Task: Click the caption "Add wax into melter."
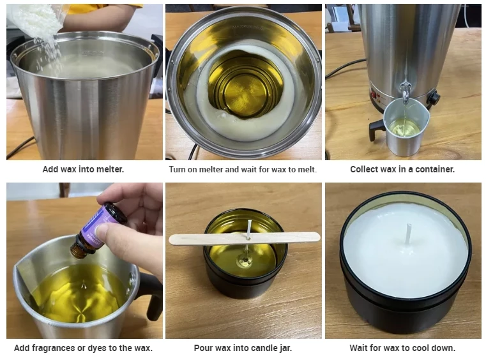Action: click(83, 169)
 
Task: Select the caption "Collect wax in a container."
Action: click(402, 169)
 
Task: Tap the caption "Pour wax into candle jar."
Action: click(243, 349)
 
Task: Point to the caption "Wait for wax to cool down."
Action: click(402, 349)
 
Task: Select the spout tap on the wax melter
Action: click(405, 91)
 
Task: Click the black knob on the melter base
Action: click(433, 98)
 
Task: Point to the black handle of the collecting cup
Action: click(376, 130)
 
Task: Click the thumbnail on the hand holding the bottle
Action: click(102, 230)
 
